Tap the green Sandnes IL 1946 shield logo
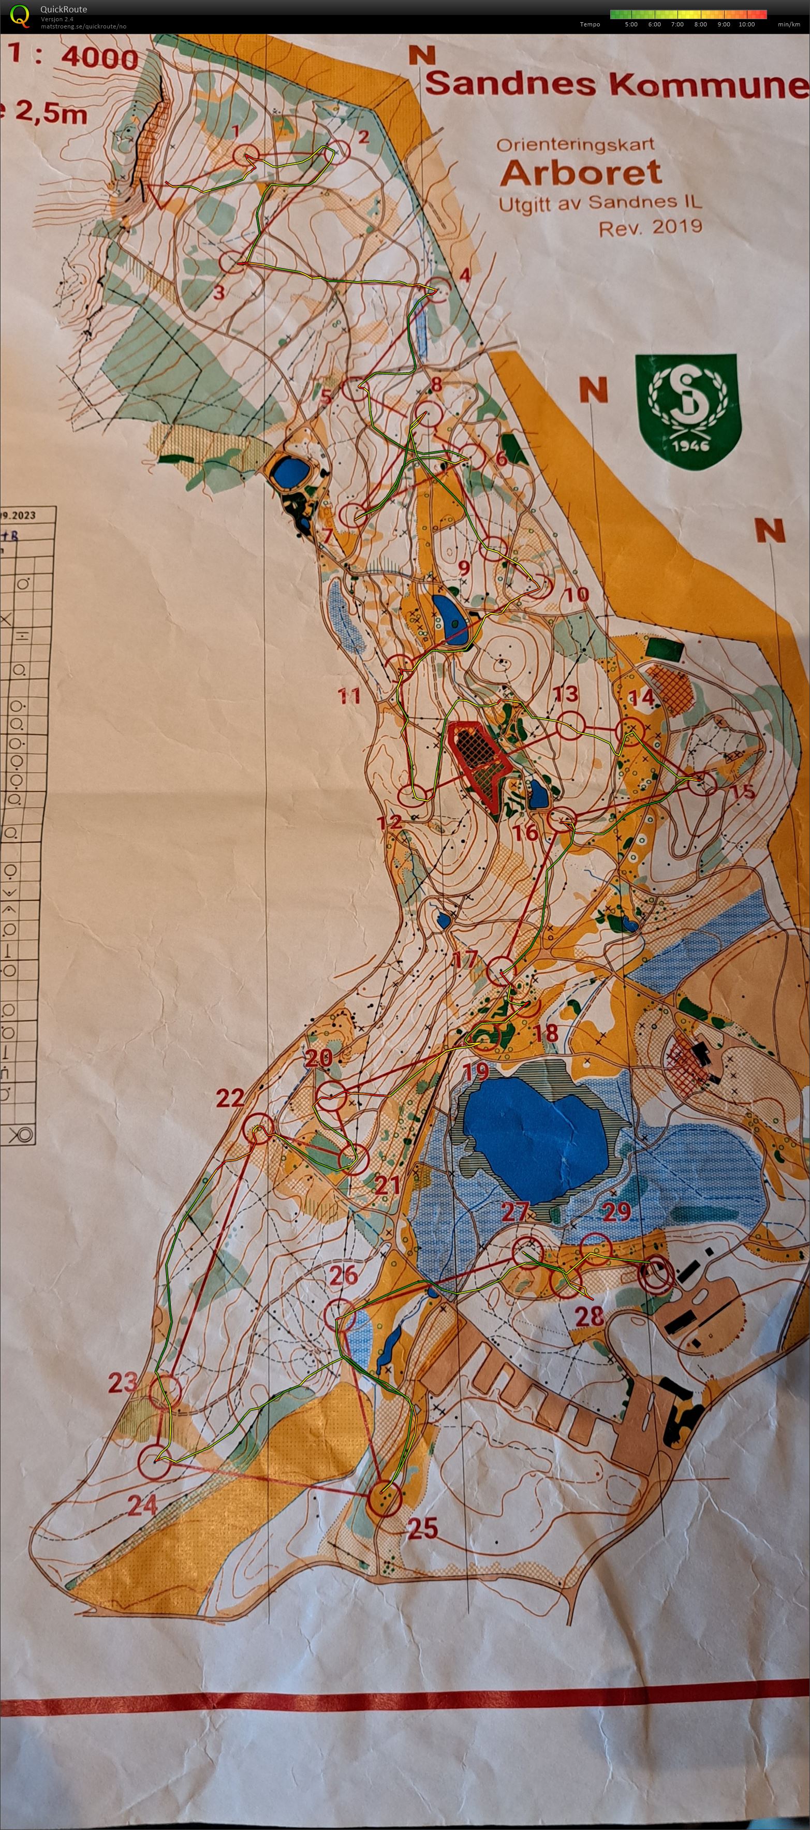[x=688, y=412]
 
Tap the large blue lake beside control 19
[x=534, y=1130]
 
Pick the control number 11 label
[x=349, y=695]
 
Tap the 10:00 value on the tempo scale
[x=746, y=24]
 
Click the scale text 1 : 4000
[x=75, y=57]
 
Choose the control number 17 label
[x=464, y=959]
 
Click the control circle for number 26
[x=341, y=1315]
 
